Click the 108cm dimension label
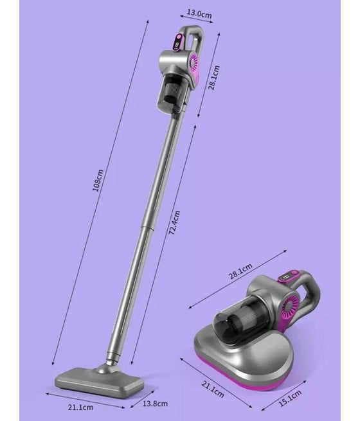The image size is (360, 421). point(98,180)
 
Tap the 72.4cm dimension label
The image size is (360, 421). point(174,223)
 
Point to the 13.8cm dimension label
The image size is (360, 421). point(155,403)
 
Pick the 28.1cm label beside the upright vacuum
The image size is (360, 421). point(214,78)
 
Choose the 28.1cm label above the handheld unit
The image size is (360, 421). point(240,271)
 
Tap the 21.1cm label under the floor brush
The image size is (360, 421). point(80,407)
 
